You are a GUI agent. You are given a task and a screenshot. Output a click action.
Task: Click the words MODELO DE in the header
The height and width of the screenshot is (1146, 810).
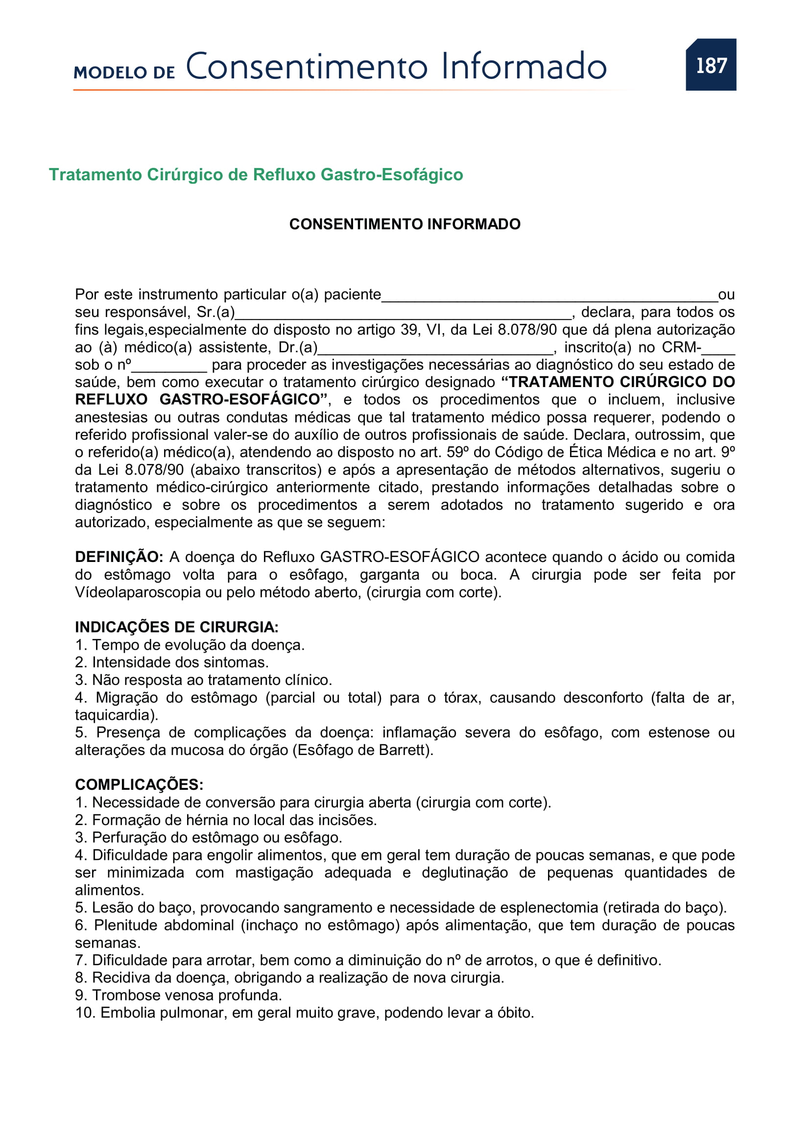tap(124, 73)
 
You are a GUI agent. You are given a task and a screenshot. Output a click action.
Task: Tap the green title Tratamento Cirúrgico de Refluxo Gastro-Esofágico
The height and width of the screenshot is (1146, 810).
tap(255, 175)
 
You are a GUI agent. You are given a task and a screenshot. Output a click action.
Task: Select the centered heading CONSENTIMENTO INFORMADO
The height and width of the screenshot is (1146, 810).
tap(405, 224)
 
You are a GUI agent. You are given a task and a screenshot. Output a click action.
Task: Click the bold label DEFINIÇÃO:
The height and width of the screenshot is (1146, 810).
tap(119, 557)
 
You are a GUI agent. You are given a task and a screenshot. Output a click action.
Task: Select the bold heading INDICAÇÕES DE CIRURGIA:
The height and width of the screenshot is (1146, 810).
tap(177, 627)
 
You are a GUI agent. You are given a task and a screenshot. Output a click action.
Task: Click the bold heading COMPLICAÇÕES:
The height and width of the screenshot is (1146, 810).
tap(139, 784)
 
